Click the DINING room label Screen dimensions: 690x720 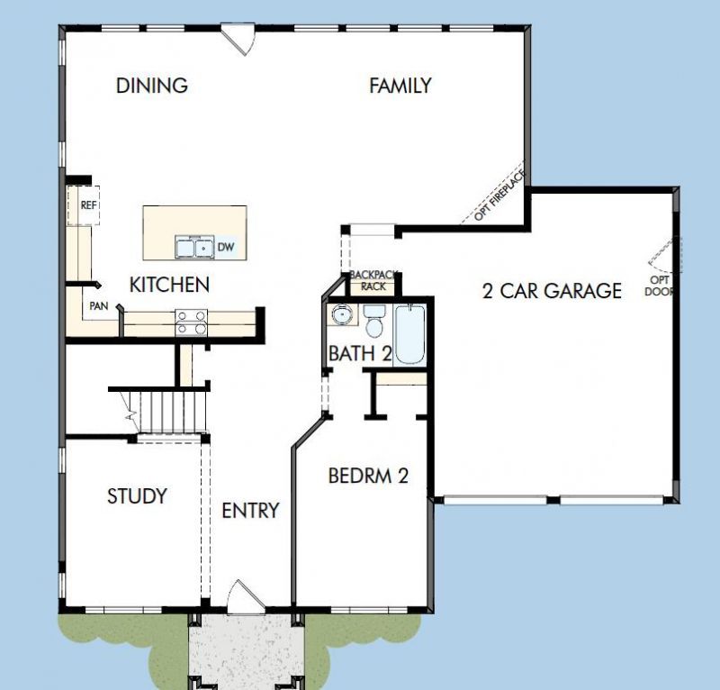[152, 86]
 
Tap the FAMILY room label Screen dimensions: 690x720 [400, 86]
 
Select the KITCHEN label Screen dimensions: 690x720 [169, 285]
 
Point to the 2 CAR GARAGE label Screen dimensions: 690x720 [552, 290]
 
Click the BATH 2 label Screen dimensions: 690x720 [359, 353]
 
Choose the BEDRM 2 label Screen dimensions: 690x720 [368, 476]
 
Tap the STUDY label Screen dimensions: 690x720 [137, 495]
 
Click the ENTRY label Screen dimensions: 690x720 [250, 511]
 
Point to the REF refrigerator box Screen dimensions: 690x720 [87, 205]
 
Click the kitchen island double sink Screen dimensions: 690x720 [193, 246]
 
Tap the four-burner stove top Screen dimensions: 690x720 [191, 322]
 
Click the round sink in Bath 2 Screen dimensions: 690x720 [342, 316]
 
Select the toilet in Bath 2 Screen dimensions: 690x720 [374, 320]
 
